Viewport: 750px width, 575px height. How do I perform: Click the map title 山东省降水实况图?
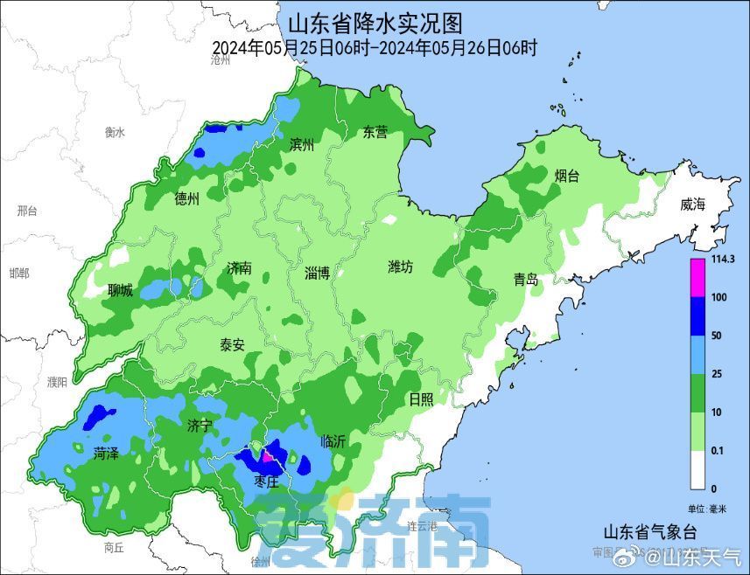tap(375, 21)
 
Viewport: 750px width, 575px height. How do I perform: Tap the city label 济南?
tap(239, 268)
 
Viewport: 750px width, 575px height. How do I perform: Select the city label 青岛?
tap(526, 280)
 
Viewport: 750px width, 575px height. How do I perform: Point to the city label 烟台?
tap(567, 176)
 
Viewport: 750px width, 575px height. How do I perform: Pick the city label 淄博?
tap(318, 273)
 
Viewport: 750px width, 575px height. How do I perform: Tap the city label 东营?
tap(375, 133)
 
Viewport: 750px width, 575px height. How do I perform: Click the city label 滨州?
tap(301, 144)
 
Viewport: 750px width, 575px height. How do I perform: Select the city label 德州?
tap(187, 199)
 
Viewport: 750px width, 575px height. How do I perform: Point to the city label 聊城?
tap(121, 290)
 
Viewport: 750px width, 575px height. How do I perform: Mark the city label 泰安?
tap(232, 344)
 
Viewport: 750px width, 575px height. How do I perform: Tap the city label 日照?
tap(421, 399)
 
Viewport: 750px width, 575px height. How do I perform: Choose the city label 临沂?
tap(333, 441)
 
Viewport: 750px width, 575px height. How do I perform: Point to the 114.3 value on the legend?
tap(722, 260)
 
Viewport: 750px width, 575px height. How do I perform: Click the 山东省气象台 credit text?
tap(649, 531)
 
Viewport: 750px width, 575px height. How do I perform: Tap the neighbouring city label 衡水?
tap(116, 132)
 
